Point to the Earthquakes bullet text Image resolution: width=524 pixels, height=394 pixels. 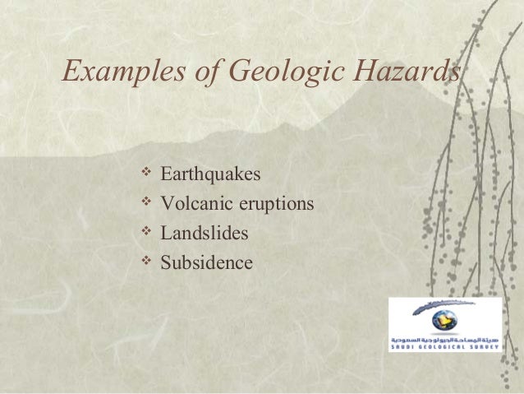point(210,174)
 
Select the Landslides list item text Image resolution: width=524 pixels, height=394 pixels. point(205,234)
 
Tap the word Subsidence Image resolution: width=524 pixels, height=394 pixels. point(207,263)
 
